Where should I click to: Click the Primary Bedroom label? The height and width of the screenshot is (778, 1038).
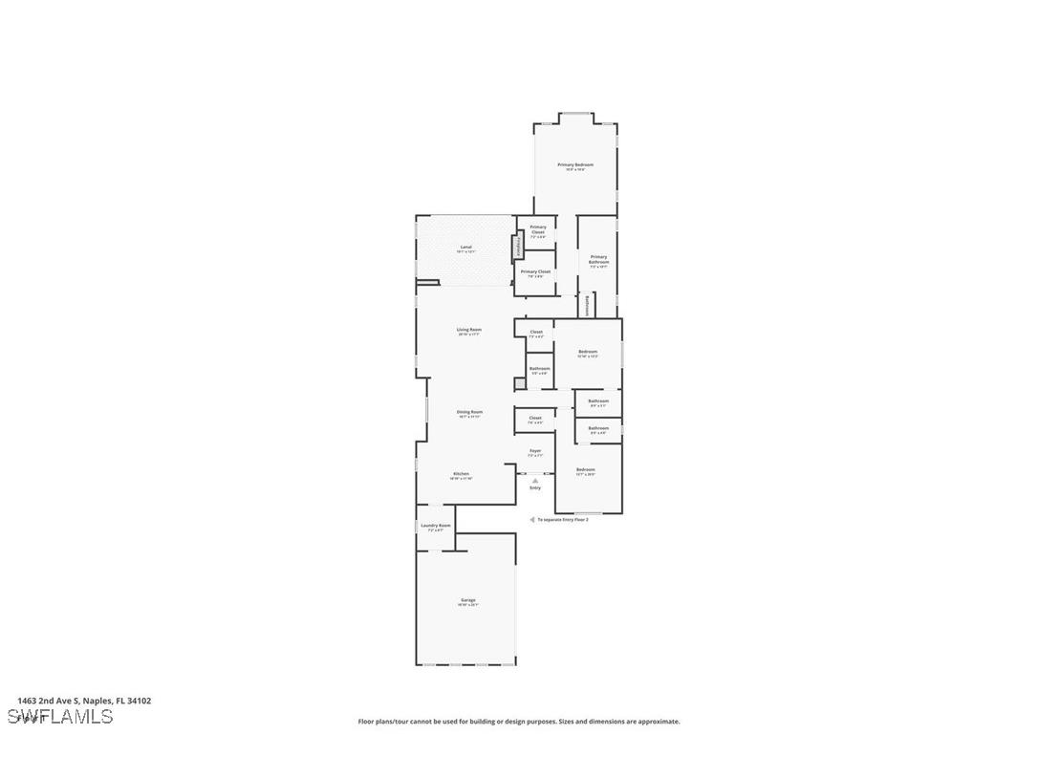pyautogui.click(x=575, y=165)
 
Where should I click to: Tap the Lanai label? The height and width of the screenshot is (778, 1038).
pyautogui.click(x=466, y=248)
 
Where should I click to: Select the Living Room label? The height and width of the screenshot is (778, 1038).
pyautogui.click(x=469, y=330)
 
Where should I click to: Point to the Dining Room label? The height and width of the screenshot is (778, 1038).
pyautogui.click(x=469, y=412)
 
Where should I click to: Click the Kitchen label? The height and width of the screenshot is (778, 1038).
pyautogui.click(x=462, y=474)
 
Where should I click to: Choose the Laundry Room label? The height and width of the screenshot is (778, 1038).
pyautogui.click(x=435, y=526)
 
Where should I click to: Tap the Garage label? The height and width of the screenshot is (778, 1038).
pyautogui.click(x=467, y=600)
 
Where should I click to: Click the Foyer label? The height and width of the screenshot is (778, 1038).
pyautogui.click(x=535, y=451)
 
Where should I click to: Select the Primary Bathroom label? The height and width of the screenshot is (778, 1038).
pyautogui.click(x=598, y=259)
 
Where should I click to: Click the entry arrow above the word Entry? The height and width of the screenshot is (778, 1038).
pyautogui.click(x=535, y=480)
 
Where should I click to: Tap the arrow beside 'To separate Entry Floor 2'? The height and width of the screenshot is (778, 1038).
pyautogui.click(x=531, y=520)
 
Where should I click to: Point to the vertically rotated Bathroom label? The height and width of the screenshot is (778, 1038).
pyautogui.click(x=586, y=305)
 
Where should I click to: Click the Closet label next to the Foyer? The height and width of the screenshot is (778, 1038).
pyautogui.click(x=535, y=418)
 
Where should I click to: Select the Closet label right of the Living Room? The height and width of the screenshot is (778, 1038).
pyautogui.click(x=536, y=333)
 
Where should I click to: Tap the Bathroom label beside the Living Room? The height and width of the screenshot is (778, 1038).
pyautogui.click(x=539, y=369)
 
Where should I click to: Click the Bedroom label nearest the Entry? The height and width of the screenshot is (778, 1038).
pyautogui.click(x=586, y=470)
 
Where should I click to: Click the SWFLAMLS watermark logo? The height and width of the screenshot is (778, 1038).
pyautogui.click(x=59, y=717)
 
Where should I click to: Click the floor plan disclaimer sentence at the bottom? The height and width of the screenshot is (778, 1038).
pyautogui.click(x=519, y=722)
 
